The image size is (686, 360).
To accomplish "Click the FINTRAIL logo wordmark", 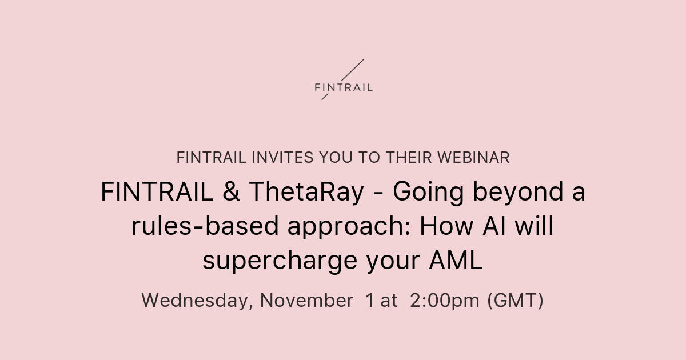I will pos(344,88).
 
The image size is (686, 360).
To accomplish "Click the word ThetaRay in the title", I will pos(306,193).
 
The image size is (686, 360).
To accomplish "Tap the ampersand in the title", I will pos(232,193).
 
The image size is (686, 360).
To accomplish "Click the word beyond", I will pos(503,193).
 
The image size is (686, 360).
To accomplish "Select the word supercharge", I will pos(280,262).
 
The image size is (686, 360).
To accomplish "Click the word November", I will pos(306,300).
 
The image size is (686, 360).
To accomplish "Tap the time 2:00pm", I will pos(445,301).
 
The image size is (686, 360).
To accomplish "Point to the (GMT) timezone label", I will pos(515,301).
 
